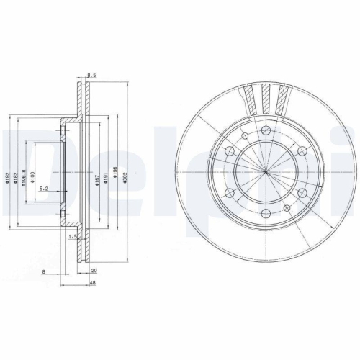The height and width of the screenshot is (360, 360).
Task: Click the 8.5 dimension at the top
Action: click(91, 75)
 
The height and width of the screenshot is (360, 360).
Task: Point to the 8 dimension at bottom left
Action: click(44, 272)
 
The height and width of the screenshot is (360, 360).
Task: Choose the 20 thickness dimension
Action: click(94, 272)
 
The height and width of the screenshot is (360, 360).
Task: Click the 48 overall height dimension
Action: click(94, 283)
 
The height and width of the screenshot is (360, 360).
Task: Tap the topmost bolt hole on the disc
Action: click(266, 130)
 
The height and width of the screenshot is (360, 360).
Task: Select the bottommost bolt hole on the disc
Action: click(266, 213)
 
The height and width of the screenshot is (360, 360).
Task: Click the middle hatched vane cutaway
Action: click(266, 96)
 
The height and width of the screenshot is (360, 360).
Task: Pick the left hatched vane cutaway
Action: click(248, 98)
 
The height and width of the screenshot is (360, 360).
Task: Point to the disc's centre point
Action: click(266, 171)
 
